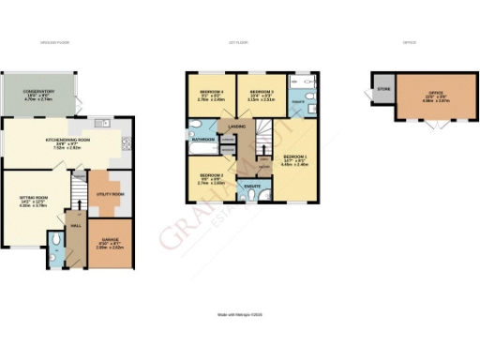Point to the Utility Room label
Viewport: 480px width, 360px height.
tap(111, 194)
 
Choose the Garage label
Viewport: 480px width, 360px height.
tap(112, 247)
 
